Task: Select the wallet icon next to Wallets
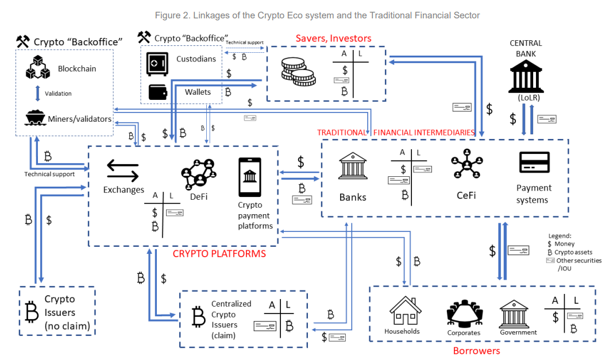click(158, 92)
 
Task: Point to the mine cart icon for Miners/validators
click(35, 118)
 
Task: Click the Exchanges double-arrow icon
click(123, 171)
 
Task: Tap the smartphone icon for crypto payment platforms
click(249, 177)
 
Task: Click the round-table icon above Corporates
click(463, 313)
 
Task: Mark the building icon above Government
click(514, 313)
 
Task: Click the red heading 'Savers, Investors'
click(333, 38)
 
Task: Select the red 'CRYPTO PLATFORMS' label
click(219, 253)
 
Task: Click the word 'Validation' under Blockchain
click(58, 93)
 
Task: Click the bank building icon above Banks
click(353, 167)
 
